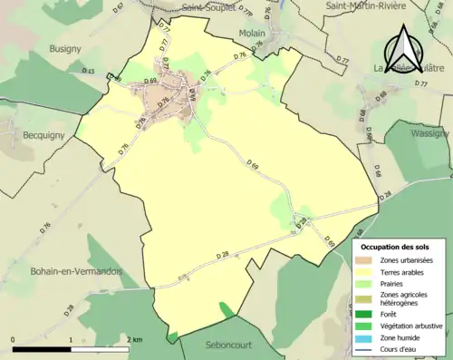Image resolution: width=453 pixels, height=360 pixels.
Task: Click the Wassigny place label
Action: pyautogui.click(x=429, y=132)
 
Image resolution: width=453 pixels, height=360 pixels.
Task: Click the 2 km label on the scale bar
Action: pyautogui.click(x=136, y=340)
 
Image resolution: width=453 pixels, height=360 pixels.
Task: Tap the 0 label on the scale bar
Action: pyautogui.click(x=14, y=340)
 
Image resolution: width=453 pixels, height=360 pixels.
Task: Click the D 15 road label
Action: pyautogui.click(x=88, y=71)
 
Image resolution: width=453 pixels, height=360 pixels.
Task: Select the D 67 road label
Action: pyautogui.click(x=119, y=7)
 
